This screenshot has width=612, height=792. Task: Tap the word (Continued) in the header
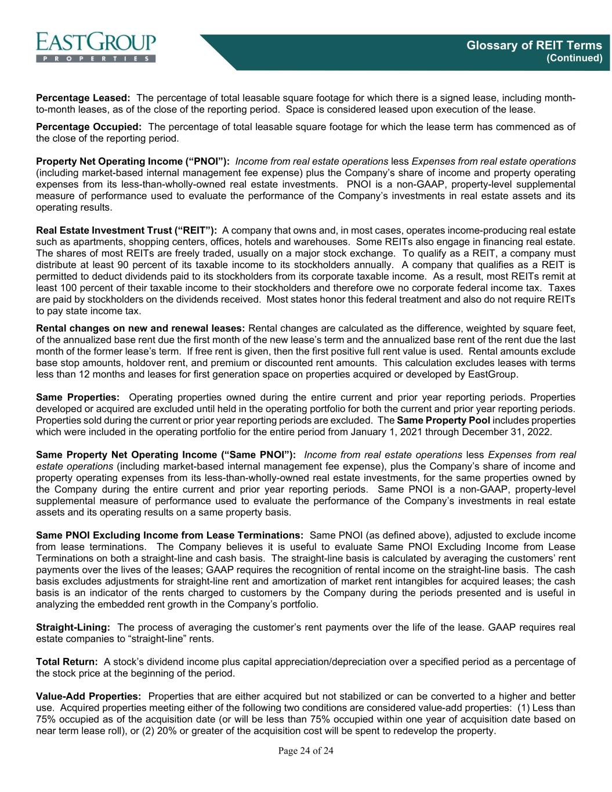click(x=575, y=58)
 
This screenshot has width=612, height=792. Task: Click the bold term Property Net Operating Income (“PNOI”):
click(x=133, y=161)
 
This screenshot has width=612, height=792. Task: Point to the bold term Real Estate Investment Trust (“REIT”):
click(x=126, y=230)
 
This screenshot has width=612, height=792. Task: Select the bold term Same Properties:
click(x=78, y=397)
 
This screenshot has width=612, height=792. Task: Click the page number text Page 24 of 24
click(x=306, y=751)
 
